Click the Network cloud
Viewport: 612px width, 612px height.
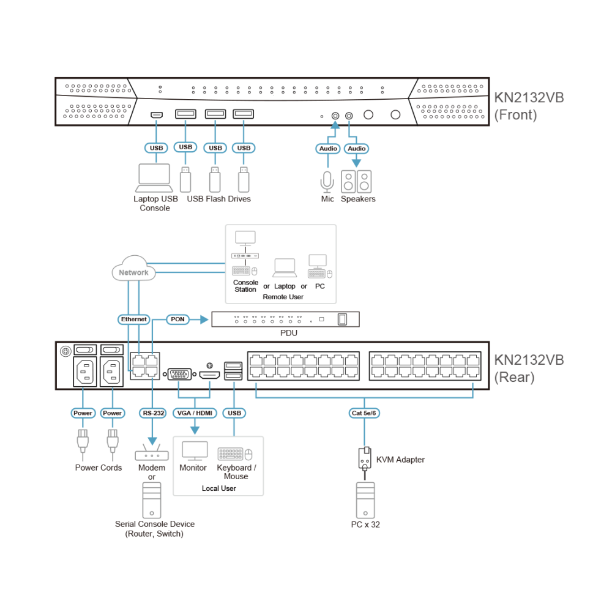point(133,268)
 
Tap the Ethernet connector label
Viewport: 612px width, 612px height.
point(133,319)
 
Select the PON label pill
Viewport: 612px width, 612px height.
point(177,319)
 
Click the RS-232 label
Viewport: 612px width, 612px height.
point(153,413)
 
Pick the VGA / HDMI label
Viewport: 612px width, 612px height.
point(195,413)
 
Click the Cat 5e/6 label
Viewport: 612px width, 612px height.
point(364,413)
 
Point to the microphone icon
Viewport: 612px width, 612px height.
point(327,182)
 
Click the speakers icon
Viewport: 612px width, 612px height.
point(356,182)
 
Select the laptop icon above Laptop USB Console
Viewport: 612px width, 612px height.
point(154,177)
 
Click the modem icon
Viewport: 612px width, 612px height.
point(152,453)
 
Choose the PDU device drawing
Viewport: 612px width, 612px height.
point(285,319)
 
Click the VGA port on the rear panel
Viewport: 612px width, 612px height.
point(179,375)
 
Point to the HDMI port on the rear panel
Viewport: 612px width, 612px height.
point(209,376)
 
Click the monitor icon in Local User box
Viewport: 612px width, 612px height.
point(195,451)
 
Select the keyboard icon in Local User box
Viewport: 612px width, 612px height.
point(230,454)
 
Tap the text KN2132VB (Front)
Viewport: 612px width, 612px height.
point(529,106)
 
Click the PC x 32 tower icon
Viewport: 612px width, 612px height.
point(365,500)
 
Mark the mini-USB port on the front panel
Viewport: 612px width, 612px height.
point(157,115)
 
